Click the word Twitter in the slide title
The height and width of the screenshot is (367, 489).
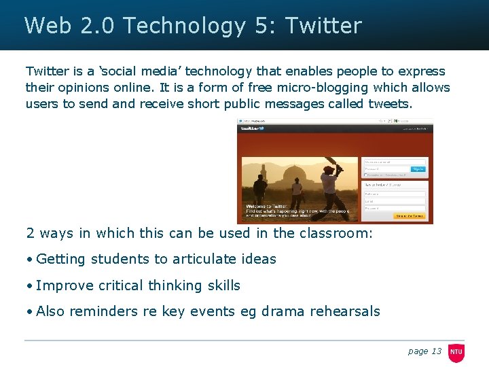[x=323, y=26]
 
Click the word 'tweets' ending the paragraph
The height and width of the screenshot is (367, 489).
[x=389, y=104]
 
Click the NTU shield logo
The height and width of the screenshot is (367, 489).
[x=456, y=351]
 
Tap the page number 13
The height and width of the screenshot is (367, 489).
[x=435, y=351]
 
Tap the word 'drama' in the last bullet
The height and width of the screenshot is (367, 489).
[x=283, y=312]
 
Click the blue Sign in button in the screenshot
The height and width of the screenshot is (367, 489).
[x=418, y=169]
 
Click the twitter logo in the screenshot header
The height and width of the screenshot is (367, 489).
[x=252, y=128]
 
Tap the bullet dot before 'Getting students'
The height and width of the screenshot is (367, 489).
[x=29, y=260]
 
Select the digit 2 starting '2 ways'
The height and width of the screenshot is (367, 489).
[x=30, y=233]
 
